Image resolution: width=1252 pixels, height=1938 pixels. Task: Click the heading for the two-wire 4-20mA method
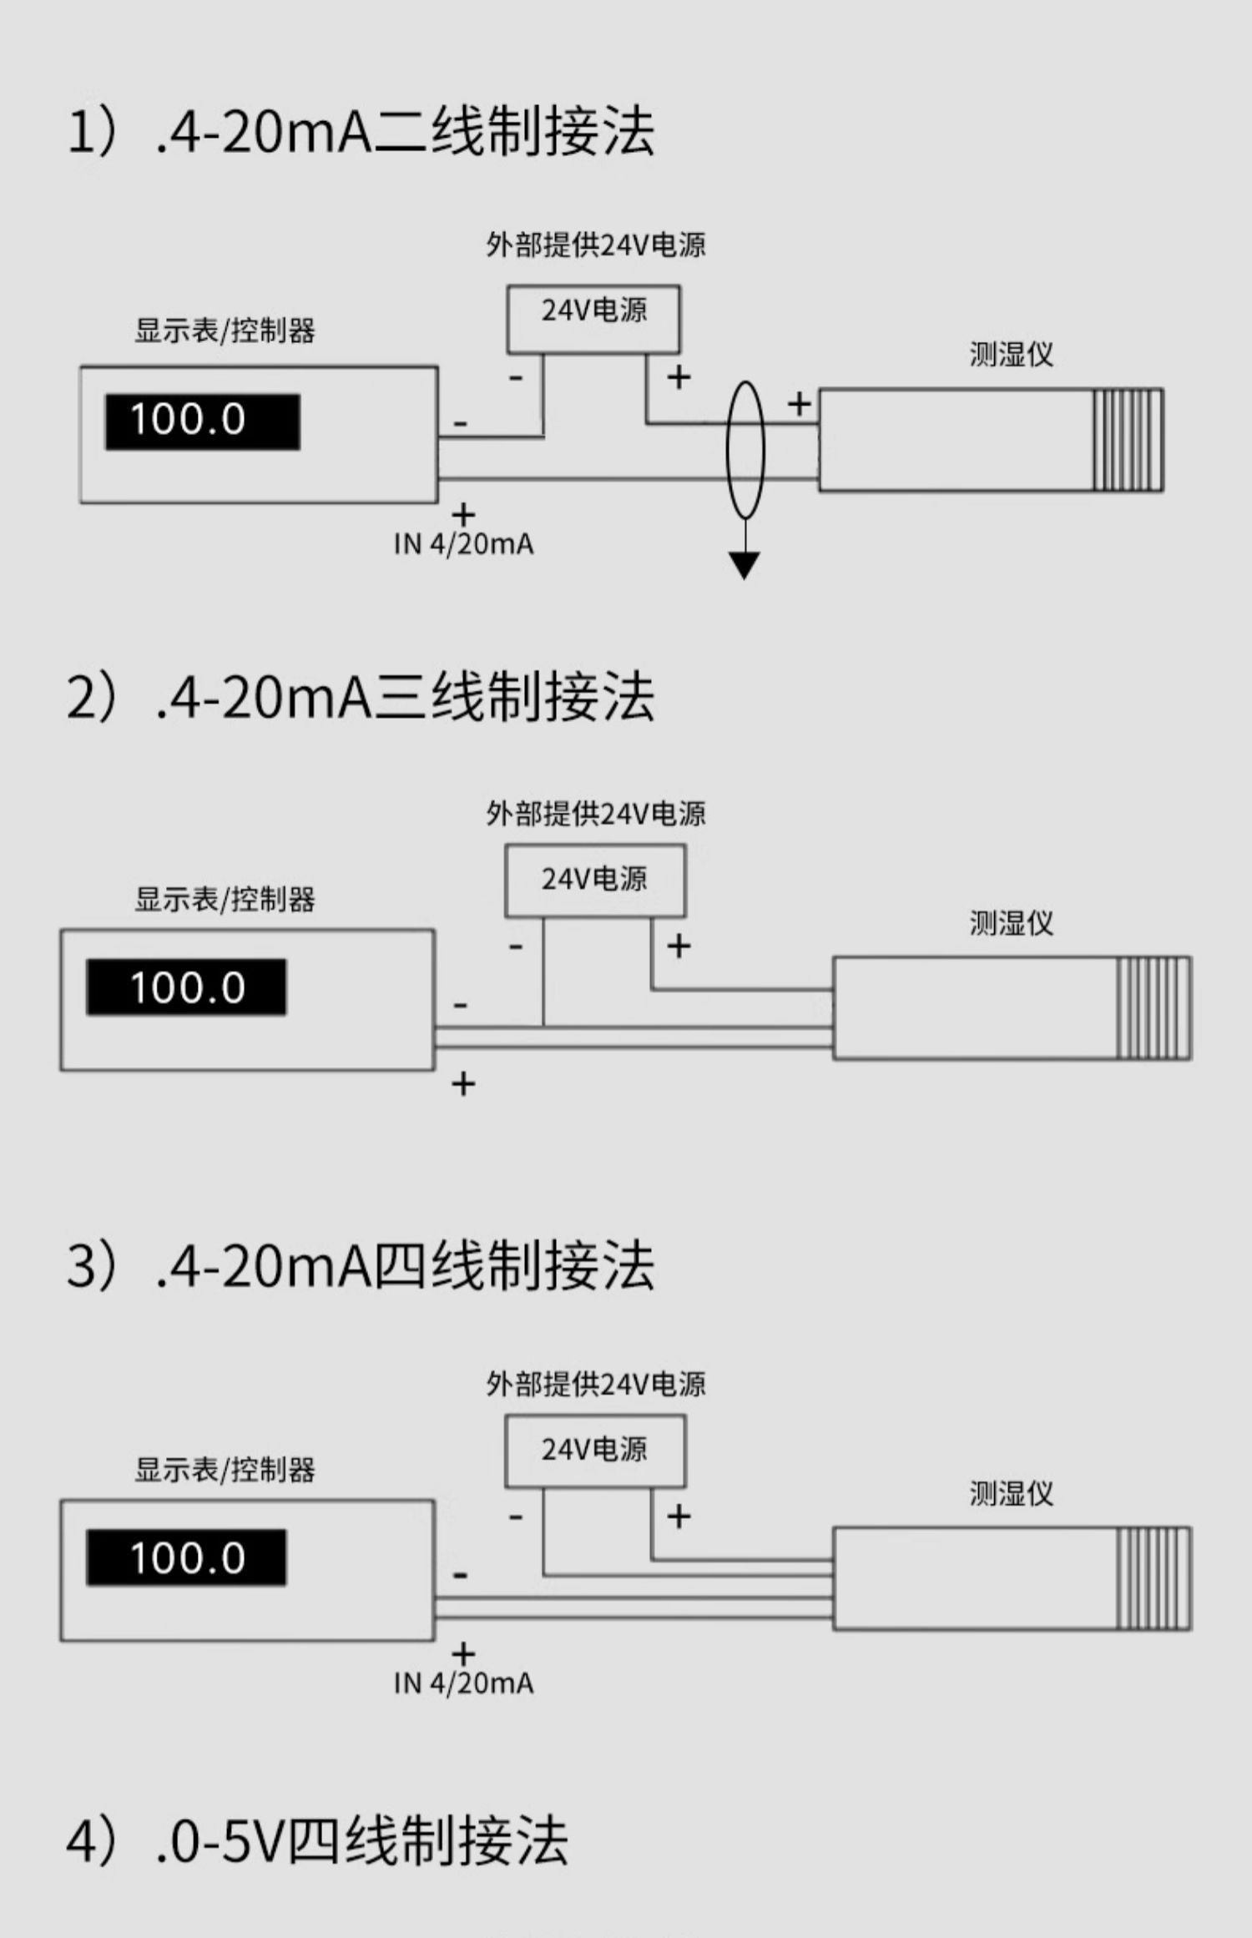[x=361, y=132]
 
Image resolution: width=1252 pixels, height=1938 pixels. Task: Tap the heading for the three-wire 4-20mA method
[x=361, y=698]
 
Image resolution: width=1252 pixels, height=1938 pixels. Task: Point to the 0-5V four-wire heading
[x=317, y=1840]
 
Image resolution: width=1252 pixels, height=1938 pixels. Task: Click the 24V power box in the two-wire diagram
[x=593, y=319]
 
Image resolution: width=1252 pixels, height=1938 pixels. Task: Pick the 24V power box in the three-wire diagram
[x=595, y=881]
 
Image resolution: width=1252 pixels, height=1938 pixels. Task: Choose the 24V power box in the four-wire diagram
[x=595, y=1451]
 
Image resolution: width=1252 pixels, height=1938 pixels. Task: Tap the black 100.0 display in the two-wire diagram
[x=202, y=421]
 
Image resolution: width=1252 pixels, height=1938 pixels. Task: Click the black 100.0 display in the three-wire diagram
[x=186, y=987]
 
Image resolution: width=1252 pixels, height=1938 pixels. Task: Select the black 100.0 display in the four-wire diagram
[x=186, y=1557]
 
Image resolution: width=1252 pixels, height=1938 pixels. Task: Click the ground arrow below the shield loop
[x=744, y=565]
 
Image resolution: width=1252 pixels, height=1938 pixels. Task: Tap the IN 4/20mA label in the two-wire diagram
[x=463, y=544]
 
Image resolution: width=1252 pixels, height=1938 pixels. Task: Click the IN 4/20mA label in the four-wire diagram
[x=463, y=1683]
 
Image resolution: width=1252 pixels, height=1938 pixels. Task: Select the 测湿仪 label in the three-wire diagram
[x=1011, y=923]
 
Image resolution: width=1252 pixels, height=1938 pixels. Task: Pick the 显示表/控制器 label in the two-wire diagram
[x=225, y=331]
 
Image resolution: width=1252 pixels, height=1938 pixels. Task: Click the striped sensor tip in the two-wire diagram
[x=1128, y=440]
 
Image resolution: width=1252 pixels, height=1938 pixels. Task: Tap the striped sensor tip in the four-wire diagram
[x=1154, y=1578]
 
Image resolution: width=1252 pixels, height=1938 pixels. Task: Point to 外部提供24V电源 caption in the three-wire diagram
[x=596, y=813]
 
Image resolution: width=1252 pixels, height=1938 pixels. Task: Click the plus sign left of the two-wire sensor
[x=799, y=404]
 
